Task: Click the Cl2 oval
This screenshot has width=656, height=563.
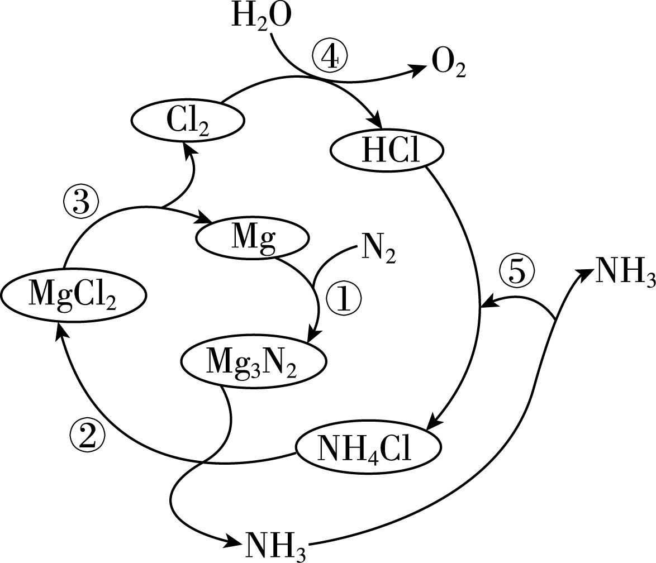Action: [x=188, y=120]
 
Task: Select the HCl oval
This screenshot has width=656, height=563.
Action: [x=387, y=151]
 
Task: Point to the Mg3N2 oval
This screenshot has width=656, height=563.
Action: [x=253, y=361]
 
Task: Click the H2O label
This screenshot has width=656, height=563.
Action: [x=261, y=17]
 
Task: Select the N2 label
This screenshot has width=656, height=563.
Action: [x=379, y=249]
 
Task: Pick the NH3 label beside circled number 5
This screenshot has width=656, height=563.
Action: [x=625, y=271]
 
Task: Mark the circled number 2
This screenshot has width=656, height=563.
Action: [x=87, y=435]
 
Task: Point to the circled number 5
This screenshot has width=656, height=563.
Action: [x=517, y=273]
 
